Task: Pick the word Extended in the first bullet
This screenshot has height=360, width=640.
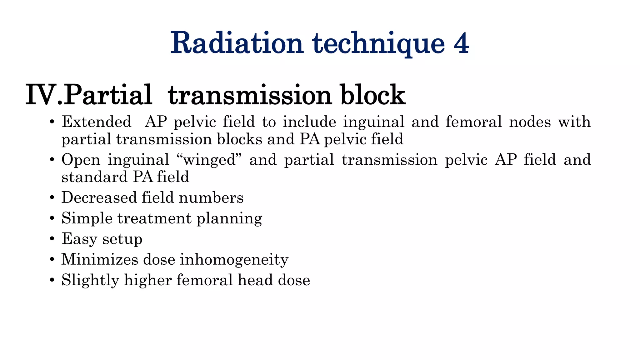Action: pyautogui.click(x=97, y=122)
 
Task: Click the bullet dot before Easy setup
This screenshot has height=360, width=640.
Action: pyautogui.click(x=52, y=239)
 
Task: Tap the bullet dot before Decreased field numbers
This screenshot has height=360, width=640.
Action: pyautogui.click(x=52, y=198)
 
